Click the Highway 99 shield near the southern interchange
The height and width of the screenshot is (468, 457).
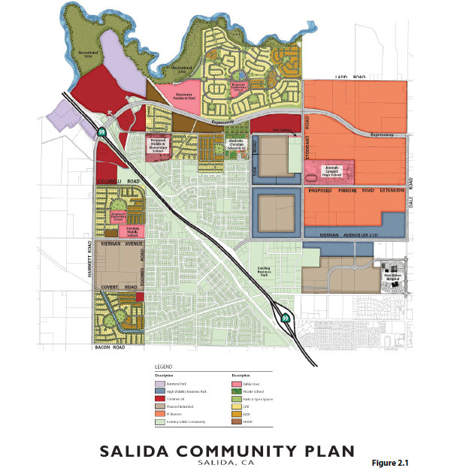click(286, 319)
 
